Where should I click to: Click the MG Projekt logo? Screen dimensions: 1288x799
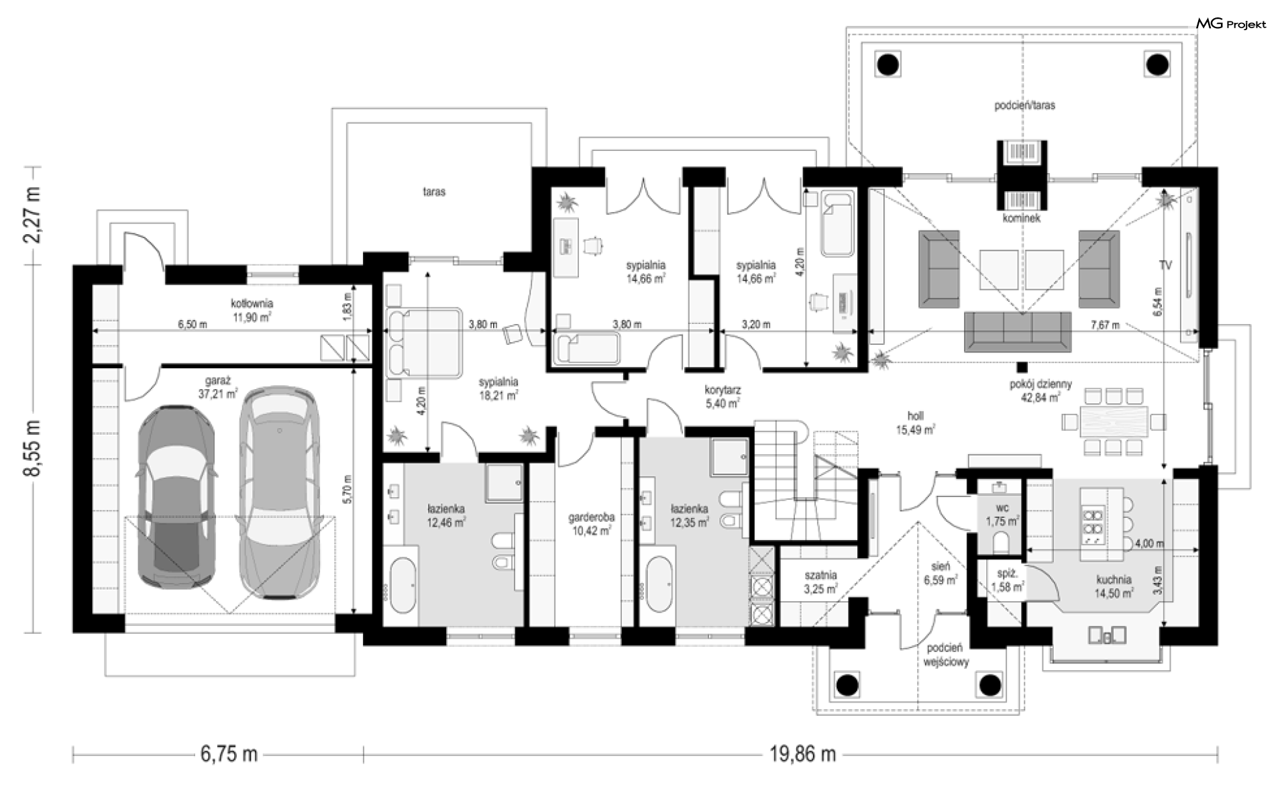(1232, 24)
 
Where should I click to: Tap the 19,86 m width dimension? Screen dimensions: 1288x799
(802, 754)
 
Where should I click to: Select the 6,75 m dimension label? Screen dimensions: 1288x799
(229, 754)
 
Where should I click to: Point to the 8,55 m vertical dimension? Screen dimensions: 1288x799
(32, 448)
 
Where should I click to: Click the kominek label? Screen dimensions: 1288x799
(1021, 218)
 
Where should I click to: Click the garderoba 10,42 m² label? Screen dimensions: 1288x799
(591, 524)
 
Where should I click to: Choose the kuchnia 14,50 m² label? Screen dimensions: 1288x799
(1114, 586)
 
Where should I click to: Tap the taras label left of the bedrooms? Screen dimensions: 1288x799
(434, 192)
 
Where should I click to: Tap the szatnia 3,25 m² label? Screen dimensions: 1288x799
(820, 582)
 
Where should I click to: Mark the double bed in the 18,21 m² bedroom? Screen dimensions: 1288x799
(423, 342)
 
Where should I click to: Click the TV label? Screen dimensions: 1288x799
(1165, 266)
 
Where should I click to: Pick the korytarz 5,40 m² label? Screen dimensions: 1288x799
(722, 396)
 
